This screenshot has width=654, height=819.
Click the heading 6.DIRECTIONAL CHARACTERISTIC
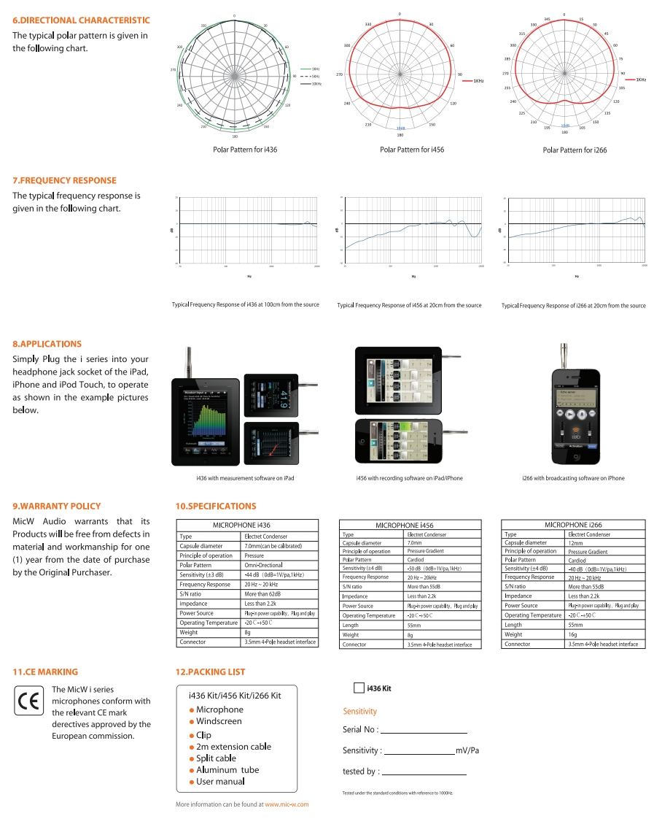coord(82,20)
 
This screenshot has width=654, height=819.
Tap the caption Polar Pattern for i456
coord(412,150)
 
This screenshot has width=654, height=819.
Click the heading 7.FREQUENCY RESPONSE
coord(64,180)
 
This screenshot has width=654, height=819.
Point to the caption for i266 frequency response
coord(573,306)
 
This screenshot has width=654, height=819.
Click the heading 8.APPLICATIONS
coord(47,344)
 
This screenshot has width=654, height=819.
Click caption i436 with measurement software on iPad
coord(245,478)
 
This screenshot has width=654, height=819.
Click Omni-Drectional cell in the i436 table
coord(262,565)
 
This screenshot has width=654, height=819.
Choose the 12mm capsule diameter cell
coord(576,542)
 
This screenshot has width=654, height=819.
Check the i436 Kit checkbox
coord(359,688)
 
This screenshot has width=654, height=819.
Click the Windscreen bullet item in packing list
coord(219,721)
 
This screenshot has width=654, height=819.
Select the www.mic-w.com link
coord(287,804)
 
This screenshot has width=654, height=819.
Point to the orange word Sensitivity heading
coord(359,711)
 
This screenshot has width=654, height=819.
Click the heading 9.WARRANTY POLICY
coord(57,506)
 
